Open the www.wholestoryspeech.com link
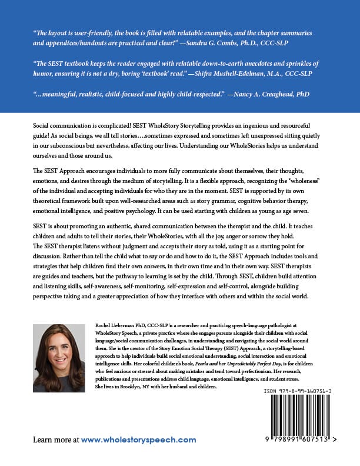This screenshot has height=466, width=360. tap(138, 440)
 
